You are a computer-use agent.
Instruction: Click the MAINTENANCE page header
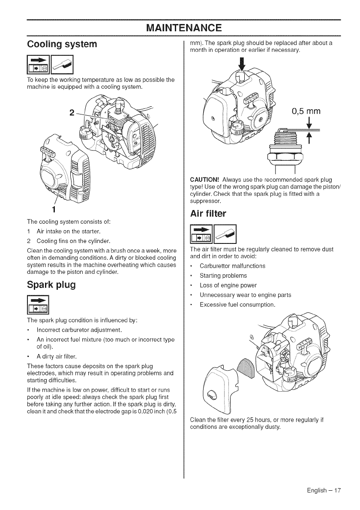coord(183,28)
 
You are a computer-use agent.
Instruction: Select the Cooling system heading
coord(62,45)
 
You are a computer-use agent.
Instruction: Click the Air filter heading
coord(210,213)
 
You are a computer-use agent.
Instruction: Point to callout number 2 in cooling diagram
coord(72,114)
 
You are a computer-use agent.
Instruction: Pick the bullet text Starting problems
coord(223,276)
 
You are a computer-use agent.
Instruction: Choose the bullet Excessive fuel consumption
coord(237,305)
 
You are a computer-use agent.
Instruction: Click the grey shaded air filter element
coord(247,367)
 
